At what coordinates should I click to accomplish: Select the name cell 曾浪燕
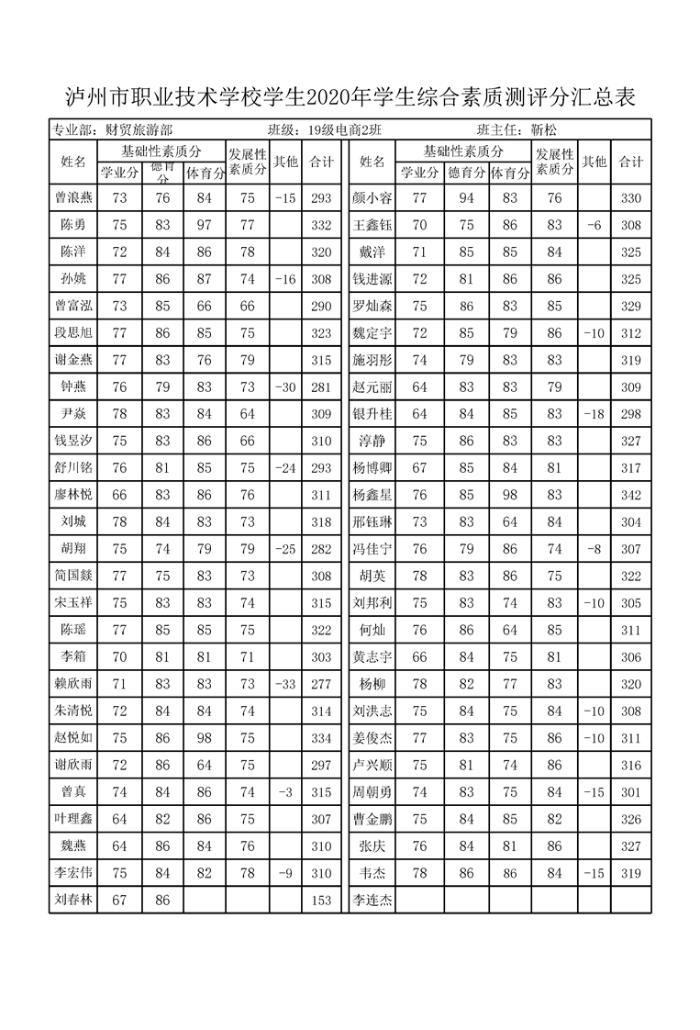tap(73, 197)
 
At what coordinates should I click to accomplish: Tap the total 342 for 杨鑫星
tap(630, 495)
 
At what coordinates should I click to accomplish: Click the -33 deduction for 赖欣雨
tap(284, 684)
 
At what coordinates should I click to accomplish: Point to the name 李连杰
tap(372, 901)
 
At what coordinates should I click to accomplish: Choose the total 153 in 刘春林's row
tap(321, 901)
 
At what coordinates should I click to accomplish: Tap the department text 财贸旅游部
tap(139, 130)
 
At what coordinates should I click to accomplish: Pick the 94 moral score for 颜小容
tap(466, 197)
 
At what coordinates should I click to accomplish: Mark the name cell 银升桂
tap(372, 414)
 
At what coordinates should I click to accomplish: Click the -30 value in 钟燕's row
tap(284, 387)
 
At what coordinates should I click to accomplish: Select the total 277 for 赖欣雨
tap(321, 684)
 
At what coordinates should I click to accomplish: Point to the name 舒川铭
tap(73, 468)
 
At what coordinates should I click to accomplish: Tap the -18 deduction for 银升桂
tap(594, 414)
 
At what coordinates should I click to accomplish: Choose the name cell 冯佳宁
tap(372, 549)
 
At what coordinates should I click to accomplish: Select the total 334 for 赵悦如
tap(321, 738)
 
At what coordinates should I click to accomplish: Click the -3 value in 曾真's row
tap(284, 792)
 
